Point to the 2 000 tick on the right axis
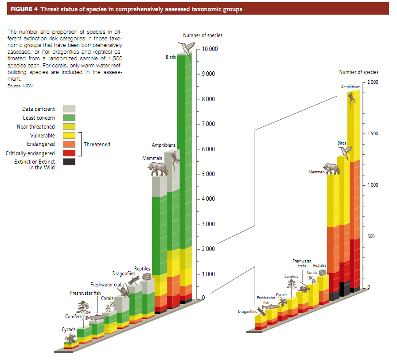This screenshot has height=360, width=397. [372, 82]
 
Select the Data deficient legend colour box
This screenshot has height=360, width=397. [69, 109]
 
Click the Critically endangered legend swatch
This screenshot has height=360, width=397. [69, 153]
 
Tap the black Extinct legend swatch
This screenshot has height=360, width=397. [69, 162]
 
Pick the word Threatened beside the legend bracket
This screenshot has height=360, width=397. [97, 144]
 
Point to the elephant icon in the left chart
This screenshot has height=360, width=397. [158, 168]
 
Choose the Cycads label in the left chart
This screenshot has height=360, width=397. [68, 330]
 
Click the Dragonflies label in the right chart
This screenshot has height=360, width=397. [247, 312]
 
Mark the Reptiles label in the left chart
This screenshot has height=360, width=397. [142, 269]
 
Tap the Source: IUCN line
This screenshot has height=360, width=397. [20, 86]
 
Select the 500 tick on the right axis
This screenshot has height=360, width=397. [371, 236]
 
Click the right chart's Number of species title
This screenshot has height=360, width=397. [358, 72]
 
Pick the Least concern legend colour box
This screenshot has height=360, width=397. [69, 117]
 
